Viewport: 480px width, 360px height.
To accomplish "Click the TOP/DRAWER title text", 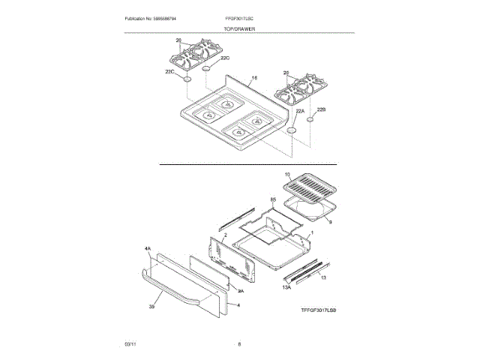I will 240,28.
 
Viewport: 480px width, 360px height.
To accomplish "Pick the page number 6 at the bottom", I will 238,343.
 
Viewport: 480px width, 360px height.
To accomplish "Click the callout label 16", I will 254,78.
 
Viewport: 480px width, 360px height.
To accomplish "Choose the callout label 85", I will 273,200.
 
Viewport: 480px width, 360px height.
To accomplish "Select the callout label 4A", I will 147,247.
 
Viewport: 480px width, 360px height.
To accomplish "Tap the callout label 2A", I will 241,290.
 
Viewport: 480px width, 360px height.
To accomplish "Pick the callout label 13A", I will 286,287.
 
